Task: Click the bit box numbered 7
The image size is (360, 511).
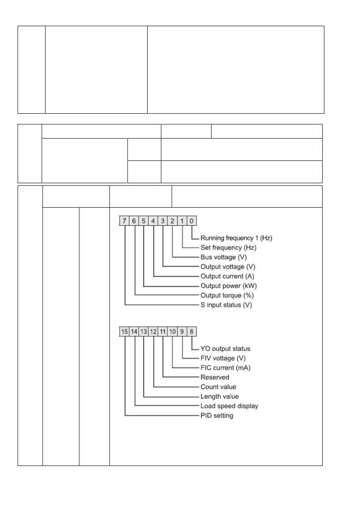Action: tap(124, 221)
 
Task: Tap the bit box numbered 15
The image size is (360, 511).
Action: tap(124, 331)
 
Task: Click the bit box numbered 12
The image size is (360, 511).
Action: tap(154, 331)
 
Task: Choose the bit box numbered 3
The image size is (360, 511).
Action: tap(163, 221)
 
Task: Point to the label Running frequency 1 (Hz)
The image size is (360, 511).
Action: tap(236, 238)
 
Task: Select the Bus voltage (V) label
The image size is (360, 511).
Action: tap(224, 257)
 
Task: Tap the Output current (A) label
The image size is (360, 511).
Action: tap(227, 276)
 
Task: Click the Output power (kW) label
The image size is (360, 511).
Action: tap(229, 286)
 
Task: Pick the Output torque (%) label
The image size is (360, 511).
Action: tap(228, 295)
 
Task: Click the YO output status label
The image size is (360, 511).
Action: tap(225, 348)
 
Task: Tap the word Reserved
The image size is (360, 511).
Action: tap(215, 377)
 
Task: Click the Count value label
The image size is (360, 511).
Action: tap(218, 387)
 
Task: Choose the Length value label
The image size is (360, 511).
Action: tap(220, 396)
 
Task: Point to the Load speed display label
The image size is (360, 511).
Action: tap(230, 406)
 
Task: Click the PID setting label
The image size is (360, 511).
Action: tap(217, 415)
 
